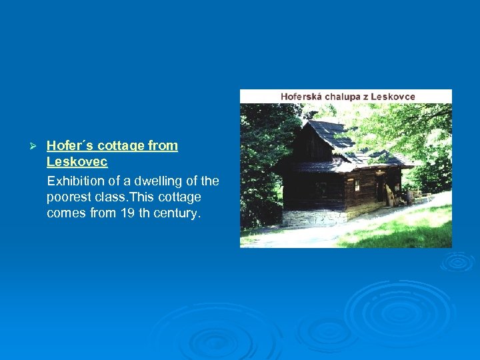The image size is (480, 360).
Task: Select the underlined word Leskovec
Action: [x=77, y=162]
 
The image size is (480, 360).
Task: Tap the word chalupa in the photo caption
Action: [x=345, y=97]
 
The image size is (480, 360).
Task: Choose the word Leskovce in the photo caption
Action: [x=393, y=97]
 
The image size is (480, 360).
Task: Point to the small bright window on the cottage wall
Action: [x=357, y=185]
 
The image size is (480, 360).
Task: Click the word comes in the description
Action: [x=65, y=213]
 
